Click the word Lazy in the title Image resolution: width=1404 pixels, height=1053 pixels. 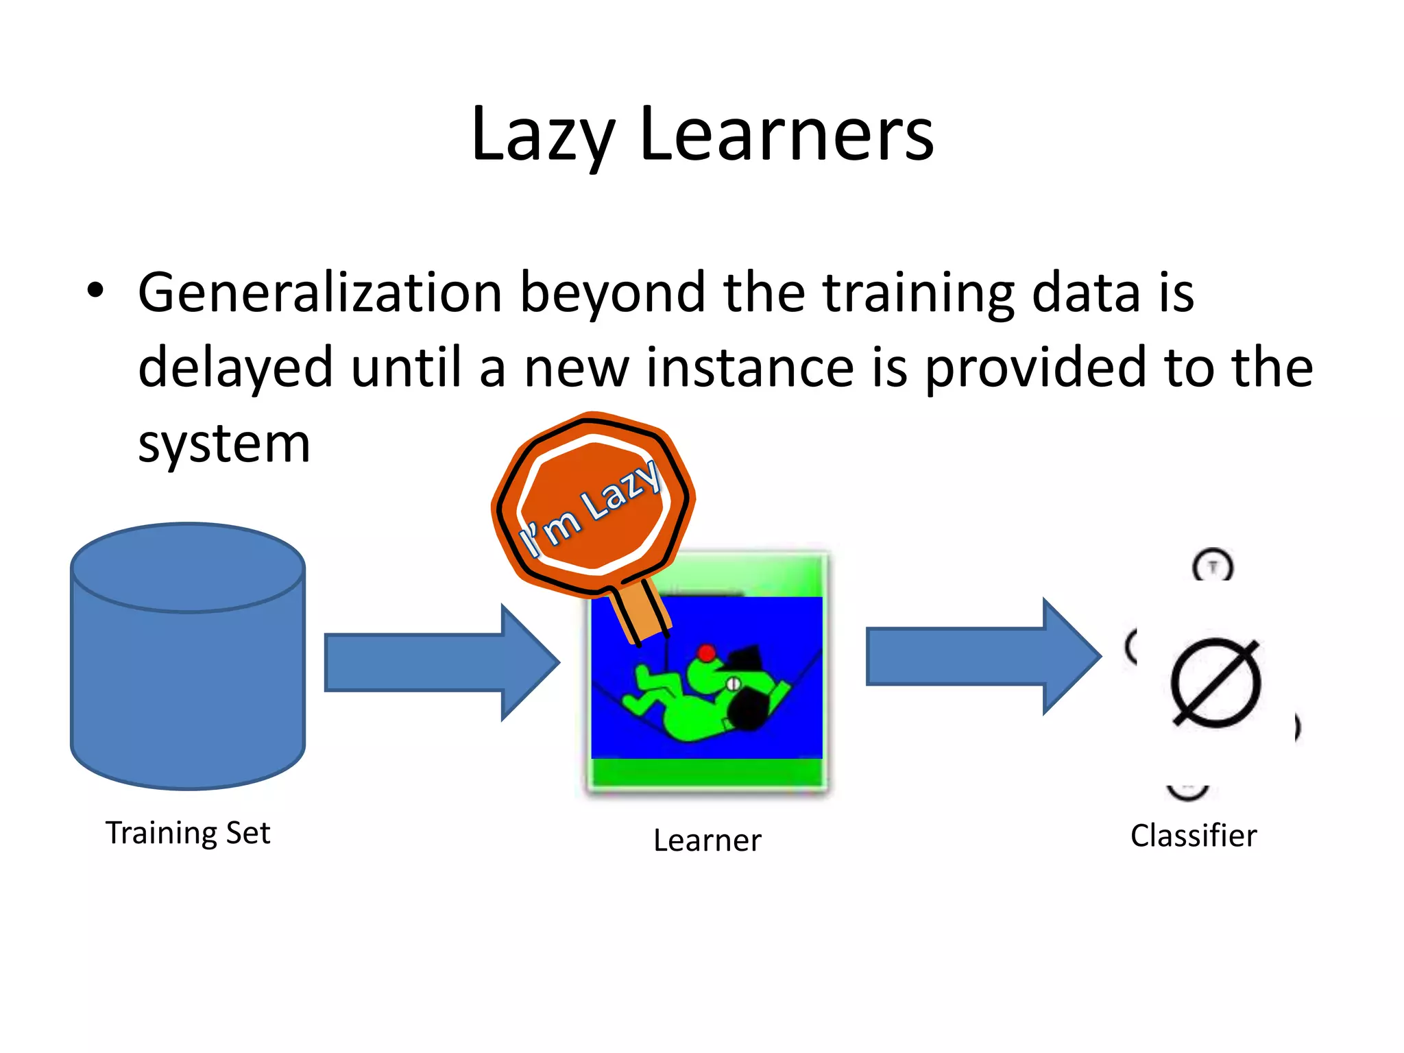pyautogui.click(x=543, y=135)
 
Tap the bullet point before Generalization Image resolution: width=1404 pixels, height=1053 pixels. pyautogui.click(x=95, y=291)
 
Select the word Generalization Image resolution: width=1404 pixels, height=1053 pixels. pyautogui.click(x=320, y=293)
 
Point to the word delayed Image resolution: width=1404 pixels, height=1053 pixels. pyautogui.click(x=235, y=369)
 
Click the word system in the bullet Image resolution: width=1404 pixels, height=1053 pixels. pyautogui.click(x=224, y=444)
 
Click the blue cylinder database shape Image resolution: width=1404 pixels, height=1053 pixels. pyautogui.click(x=187, y=672)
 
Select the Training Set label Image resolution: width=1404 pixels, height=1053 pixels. pyautogui.click(x=187, y=833)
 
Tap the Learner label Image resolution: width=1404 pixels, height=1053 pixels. pyautogui.click(x=707, y=840)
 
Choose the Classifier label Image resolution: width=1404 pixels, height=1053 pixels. pyautogui.click(x=1193, y=836)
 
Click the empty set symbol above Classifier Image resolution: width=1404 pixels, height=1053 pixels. pyautogui.click(x=1215, y=683)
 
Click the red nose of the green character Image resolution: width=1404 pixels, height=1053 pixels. pyautogui.click(x=706, y=652)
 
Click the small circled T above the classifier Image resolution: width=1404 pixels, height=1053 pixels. pyautogui.click(x=1213, y=566)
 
